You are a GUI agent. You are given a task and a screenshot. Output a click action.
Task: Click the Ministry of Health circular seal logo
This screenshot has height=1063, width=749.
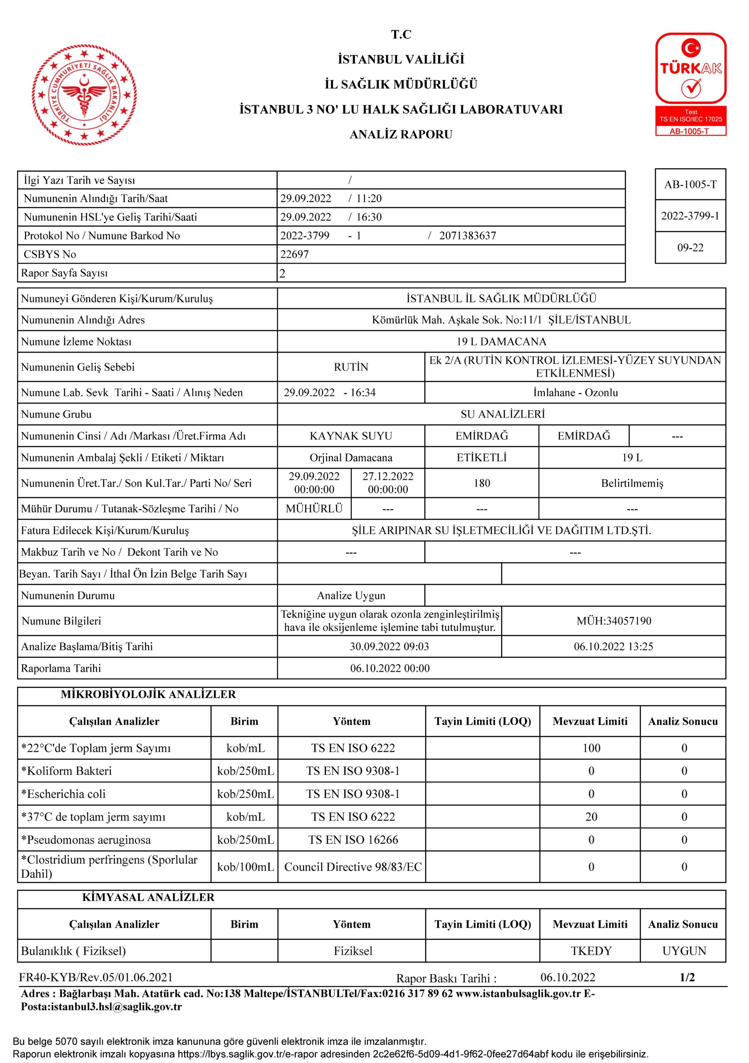tap(84, 95)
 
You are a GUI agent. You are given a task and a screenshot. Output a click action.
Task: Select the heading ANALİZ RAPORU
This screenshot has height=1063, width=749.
tap(401, 135)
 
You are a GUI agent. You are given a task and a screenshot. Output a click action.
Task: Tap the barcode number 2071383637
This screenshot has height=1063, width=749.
tap(467, 236)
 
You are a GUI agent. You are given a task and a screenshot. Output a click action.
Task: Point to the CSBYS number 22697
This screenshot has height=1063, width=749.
tap(294, 254)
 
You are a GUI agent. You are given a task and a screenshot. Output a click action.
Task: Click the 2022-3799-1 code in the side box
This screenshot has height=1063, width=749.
tap(690, 216)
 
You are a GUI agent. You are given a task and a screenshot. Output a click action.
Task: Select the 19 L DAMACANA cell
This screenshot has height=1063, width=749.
tap(501, 342)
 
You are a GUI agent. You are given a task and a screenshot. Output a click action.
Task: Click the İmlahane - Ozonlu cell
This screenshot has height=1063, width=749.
tap(575, 393)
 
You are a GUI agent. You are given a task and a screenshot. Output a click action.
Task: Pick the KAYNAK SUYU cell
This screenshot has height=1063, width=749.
tap(351, 436)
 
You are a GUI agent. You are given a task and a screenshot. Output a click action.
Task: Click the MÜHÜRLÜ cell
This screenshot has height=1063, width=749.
tap(314, 509)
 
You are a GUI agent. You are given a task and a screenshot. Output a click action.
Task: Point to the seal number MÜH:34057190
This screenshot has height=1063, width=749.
tap(613, 621)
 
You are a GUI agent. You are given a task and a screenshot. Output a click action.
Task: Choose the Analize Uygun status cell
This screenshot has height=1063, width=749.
tap(351, 595)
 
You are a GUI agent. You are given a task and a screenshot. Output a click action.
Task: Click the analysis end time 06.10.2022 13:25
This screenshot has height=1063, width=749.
tap(613, 647)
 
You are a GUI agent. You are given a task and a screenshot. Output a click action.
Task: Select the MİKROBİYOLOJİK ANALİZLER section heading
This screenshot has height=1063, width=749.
tap(148, 694)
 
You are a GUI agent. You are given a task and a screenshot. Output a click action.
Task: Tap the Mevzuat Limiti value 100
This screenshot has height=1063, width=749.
tap(591, 748)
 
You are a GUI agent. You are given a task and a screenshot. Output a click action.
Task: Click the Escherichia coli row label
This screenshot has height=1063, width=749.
tap(64, 794)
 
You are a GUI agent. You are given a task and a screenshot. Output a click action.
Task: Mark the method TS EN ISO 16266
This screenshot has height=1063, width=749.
tap(353, 840)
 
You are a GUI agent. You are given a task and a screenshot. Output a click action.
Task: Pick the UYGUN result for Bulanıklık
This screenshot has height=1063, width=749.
tap(684, 951)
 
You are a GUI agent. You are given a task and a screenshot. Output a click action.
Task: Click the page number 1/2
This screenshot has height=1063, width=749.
tap(687, 977)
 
